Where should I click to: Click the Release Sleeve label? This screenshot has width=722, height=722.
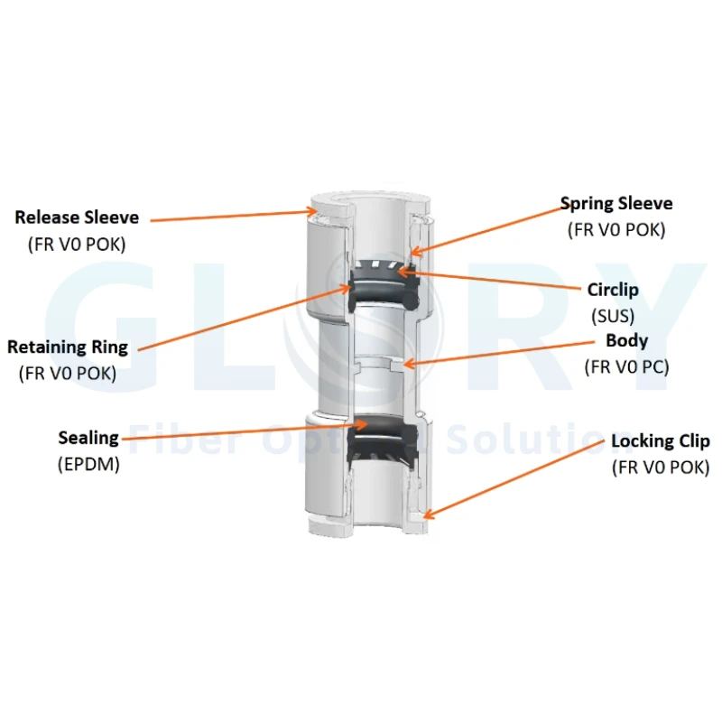(x=77, y=218)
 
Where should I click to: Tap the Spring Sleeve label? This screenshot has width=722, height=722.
(x=616, y=204)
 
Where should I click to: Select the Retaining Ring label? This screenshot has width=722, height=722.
(x=68, y=347)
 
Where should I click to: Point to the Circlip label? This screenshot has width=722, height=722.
(x=613, y=290)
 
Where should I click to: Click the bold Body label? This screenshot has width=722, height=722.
(x=626, y=341)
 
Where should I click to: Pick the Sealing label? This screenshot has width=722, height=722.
(x=88, y=438)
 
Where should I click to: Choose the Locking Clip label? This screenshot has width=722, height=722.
(x=661, y=441)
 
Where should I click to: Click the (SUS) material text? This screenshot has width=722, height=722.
(x=613, y=317)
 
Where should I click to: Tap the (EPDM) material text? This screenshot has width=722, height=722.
(x=88, y=464)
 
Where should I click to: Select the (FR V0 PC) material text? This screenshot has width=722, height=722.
(x=626, y=367)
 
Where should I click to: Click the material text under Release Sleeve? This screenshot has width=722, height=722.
(x=77, y=245)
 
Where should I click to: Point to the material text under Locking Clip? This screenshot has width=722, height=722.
(x=661, y=467)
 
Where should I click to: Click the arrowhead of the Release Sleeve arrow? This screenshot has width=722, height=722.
(x=315, y=211)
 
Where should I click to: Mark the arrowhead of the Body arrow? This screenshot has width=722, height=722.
(x=405, y=365)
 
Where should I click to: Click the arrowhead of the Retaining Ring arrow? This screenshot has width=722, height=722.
(x=348, y=287)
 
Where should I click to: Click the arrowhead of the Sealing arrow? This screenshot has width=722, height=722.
(x=366, y=423)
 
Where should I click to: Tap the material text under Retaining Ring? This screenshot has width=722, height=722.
(x=68, y=374)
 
